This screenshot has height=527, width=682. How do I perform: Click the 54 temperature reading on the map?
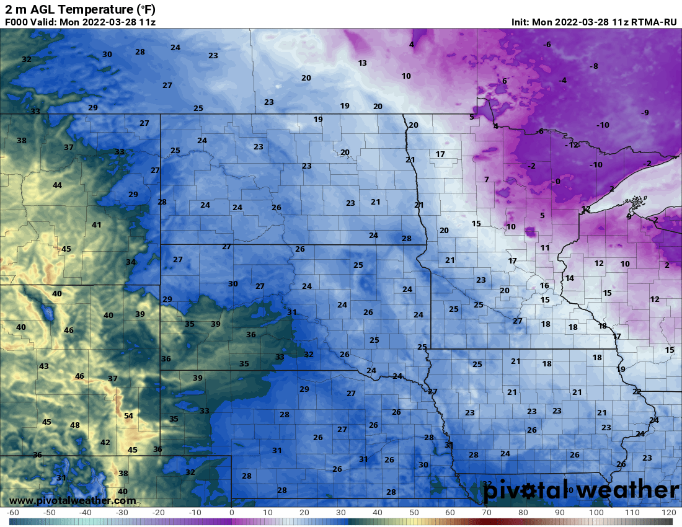pos(128,415)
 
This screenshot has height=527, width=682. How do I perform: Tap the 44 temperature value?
pos(57,185)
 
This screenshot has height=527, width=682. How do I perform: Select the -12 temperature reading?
pos(573,144)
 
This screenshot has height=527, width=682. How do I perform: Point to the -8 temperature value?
pos(593,66)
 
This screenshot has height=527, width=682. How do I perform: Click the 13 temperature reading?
pos(363,63)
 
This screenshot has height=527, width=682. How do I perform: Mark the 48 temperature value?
pos(75,425)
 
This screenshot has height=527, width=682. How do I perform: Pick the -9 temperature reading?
pos(645,112)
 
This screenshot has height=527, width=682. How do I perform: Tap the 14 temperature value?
pos(569,278)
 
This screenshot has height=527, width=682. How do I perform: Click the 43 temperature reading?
pos(44,366)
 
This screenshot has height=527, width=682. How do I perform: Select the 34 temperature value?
pos(131,262)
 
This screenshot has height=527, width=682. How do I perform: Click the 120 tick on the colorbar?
pos(668,513)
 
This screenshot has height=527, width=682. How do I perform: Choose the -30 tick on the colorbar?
pos(122,513)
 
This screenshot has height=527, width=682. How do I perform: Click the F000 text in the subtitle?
pos(17,22)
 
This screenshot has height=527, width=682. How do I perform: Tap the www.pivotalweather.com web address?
pos(73,500)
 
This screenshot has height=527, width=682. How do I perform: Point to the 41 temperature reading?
pos(97,225)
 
